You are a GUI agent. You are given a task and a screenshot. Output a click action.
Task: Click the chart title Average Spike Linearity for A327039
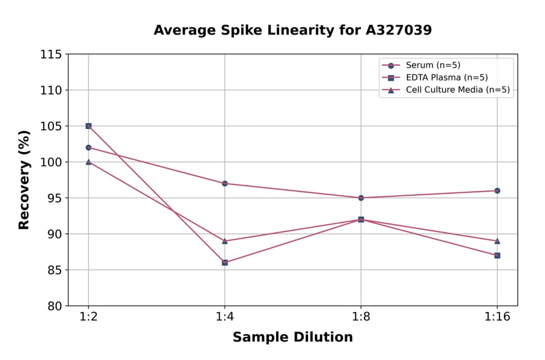(292, 30)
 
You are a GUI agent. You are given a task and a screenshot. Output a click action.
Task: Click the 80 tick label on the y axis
(54, 306)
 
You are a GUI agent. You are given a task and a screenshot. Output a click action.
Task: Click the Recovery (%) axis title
(24, 180)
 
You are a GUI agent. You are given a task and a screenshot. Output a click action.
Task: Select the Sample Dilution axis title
(292, 338)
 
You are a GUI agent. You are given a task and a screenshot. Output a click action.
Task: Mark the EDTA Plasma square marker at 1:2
(88, 126)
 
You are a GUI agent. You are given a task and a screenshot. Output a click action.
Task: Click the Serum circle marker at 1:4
(225, 183)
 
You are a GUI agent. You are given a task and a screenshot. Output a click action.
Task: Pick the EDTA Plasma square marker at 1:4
(225, 262)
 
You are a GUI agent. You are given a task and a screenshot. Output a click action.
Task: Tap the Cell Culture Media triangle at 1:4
(225, 241)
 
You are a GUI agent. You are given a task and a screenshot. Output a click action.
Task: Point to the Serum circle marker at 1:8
(361, 198)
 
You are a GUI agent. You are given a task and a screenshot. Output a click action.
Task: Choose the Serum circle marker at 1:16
(497, 190)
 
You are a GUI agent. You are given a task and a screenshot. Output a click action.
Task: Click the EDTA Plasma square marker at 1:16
(497, 255)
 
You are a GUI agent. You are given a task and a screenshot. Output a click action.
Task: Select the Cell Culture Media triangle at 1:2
(88, 162)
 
